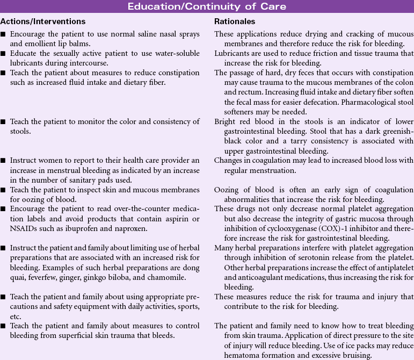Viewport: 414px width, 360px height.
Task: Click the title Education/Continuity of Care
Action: pyautogui.click(x=207, y=6)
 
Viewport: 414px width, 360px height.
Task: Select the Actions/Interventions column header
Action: pyautogui.click(x=43, y=21)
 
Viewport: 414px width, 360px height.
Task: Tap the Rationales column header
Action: pyautogui.click(x=235, y=21)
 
